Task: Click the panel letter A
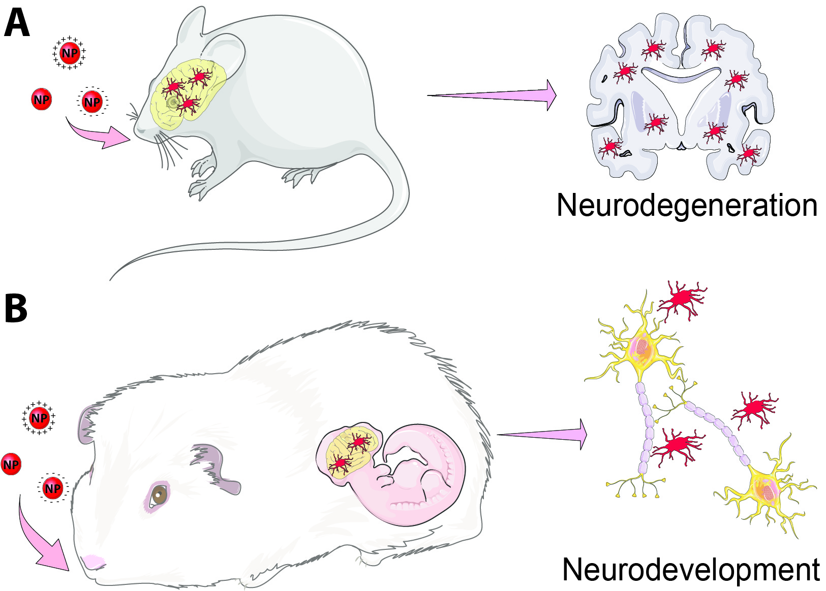(16, 24)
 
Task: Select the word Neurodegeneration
(687, 206)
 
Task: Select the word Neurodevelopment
(690, 570)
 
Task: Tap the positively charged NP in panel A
(70, 53)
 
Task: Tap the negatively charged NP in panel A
(92, 102)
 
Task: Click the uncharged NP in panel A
(42, 100)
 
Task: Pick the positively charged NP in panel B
(39, 418)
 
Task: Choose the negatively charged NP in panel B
(53, 488)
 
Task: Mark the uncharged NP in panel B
(11, 464)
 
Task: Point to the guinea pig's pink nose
(93, 562)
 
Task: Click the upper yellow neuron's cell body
(641, 350)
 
